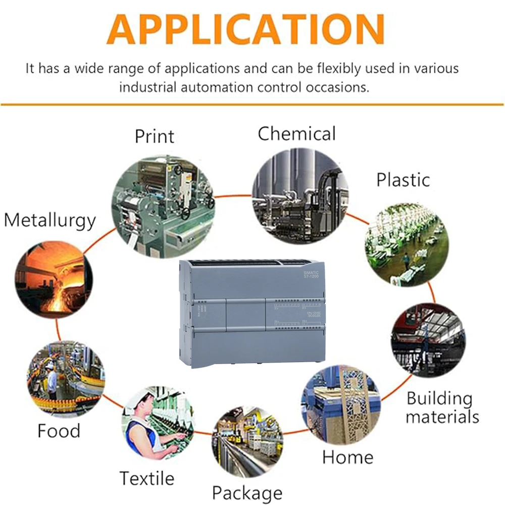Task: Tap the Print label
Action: pyautogui.click(x=154, y=136)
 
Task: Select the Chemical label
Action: pyautogui.click(x=296, y=134)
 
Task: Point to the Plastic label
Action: pyautogui.click(x=403, y=180)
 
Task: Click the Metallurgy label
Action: pyautogui.click(x=49, y=221)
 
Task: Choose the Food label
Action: pyautogui.click(x=59, y=431)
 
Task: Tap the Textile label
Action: pyautogui.click(x=147, y=478)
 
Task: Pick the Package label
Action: pyautogui.click(x=247, y=492)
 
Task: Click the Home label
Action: pyautogui.click(x=348, y=457)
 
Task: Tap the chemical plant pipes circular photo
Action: pyautogui.click(x=300, y=194)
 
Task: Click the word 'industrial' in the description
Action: pyautogui.click(x=148, y=87)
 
